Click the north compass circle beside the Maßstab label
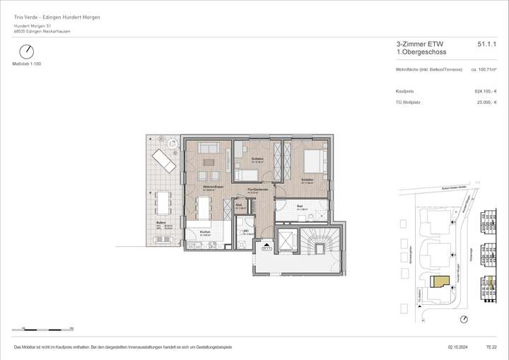(x=26, y=52)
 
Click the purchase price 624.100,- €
(x=486, y=91)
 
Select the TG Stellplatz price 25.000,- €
(x=486, y=102)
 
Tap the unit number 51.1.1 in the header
(x=487, y=44)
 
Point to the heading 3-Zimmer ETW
(x=415, y=44)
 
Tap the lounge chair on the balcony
(x=163, y=160)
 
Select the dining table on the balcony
(x=163, y=203)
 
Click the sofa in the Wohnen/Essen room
(x=208, y=148)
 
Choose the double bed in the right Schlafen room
(x=312, y=161)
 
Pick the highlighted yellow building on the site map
(x=441, y=281)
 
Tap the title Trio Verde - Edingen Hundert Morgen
(x=57, y=17)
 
